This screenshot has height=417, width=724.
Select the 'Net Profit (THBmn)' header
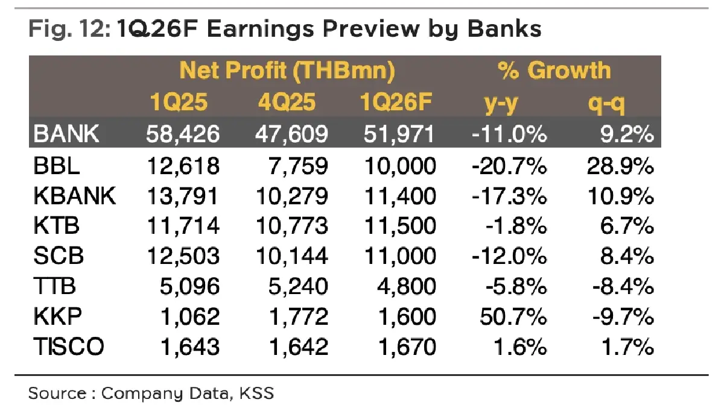coord(288,72)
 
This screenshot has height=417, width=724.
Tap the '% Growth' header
coord(554,72)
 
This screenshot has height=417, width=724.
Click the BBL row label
coord(55,166)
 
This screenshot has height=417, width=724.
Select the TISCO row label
coord(69,346)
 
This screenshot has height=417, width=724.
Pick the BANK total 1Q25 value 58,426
coord(183,134)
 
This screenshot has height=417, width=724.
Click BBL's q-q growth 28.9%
coord(620,166)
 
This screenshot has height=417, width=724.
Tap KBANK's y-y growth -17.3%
coord(509,196)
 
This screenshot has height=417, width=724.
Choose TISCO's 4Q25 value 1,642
coord(295,346)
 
